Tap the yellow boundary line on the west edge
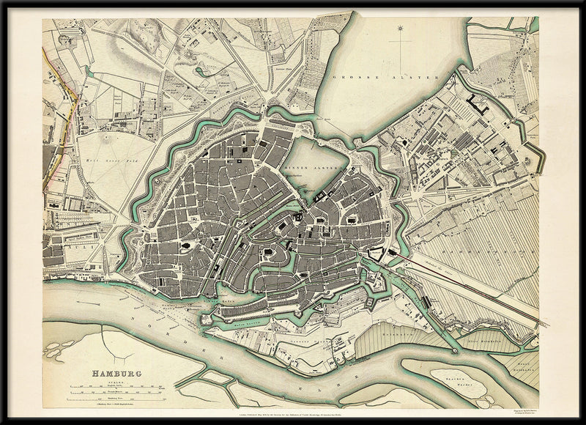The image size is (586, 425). pyautogui.click(x=66, y=110)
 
